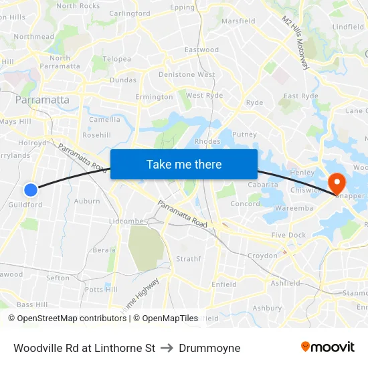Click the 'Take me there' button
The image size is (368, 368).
point(184,164)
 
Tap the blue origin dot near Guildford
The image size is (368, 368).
point(30,190)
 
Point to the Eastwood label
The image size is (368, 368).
point(201,50)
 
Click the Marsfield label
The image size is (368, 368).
point(238,21)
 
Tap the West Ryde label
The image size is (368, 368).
point(204,96)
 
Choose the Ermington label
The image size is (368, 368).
point(154,97)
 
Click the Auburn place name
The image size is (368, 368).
point(87,201)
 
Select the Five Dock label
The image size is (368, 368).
point(288,235)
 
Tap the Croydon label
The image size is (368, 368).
point(262,256)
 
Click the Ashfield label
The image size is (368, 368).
point(286,283)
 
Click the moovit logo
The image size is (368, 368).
point(328,347)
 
